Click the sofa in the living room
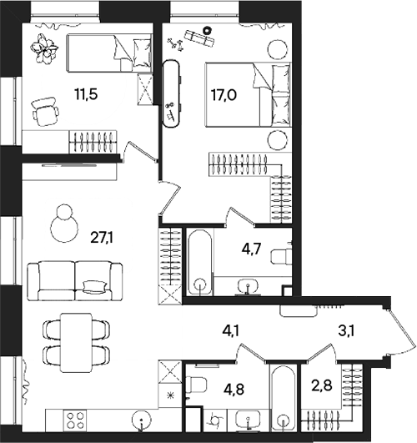coord(74,277)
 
